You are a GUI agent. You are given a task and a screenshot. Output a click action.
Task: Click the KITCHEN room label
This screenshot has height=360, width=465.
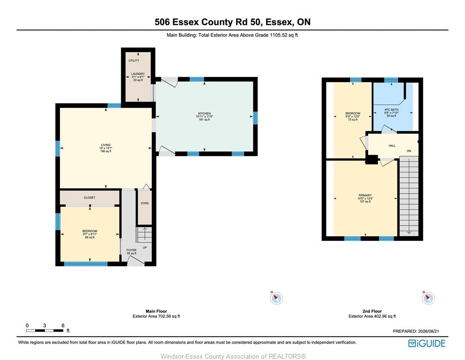point(204,113)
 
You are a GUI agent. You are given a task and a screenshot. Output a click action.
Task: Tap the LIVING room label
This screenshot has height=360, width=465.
point(105,145)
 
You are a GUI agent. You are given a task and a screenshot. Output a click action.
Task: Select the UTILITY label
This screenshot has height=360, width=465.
point(134,60)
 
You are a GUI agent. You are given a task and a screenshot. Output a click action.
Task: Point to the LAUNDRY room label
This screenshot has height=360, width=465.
point(138,74)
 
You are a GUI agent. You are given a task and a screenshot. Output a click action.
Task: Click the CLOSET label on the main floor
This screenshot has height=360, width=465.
point(89,198)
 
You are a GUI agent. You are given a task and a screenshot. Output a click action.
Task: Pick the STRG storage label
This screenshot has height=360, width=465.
point(145,203)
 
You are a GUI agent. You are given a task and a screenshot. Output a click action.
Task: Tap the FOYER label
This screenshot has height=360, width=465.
point(132,250)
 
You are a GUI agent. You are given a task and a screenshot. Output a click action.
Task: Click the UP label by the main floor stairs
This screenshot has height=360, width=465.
point(145,247)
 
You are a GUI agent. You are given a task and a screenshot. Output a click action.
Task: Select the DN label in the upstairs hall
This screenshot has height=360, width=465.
point(409,151)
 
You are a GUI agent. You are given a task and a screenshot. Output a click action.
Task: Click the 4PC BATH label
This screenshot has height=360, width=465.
point(391,110)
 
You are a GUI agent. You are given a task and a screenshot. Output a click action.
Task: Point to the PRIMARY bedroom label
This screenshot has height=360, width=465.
point(365,195)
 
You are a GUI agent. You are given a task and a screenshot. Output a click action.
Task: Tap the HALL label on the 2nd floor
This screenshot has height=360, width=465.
point(392,146)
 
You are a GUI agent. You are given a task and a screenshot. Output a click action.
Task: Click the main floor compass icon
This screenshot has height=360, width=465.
point(276,298)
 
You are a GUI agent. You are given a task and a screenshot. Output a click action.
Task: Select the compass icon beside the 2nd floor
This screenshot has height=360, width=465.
point(428,298)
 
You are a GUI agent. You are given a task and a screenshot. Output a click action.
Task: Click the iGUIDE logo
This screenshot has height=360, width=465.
point(427,344)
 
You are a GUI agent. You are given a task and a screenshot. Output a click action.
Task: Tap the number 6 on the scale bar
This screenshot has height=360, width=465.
point(63,326)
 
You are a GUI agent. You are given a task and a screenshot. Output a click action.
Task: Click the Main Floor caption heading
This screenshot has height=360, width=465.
point(156,311)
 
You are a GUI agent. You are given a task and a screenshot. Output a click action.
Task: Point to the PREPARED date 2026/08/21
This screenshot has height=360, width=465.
point(428,331)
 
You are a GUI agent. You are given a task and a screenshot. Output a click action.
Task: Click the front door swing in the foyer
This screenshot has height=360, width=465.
point(135,261)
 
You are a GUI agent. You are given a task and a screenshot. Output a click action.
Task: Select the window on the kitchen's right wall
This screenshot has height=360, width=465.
point(255,118)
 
